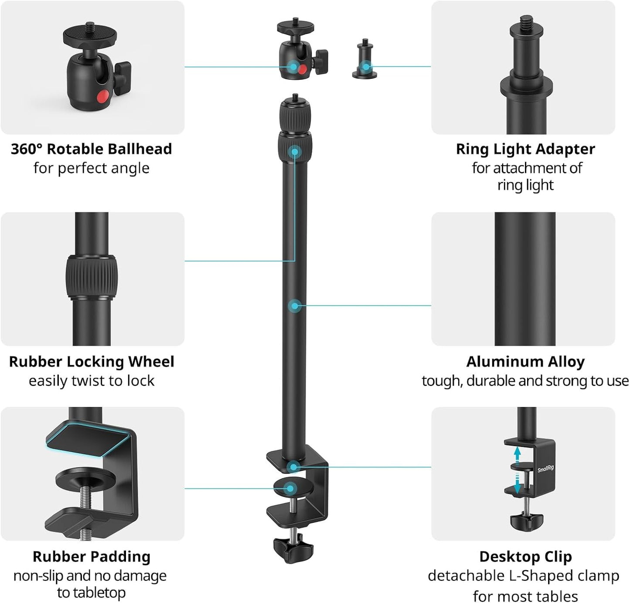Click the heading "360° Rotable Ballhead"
[91, 149]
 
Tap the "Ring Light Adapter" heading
[525, 149]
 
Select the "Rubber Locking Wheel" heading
[92, 362]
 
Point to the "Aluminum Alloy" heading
[525, 362]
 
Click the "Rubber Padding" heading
[92, 557]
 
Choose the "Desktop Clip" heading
[525, 557]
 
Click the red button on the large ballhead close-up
[102, 96]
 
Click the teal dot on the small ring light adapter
[366, 67]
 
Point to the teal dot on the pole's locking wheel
[295, 151]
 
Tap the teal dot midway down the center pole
[294, 306]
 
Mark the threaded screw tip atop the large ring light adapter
[527, 21]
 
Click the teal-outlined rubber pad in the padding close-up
[87, 440]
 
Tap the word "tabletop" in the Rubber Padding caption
[91, 593]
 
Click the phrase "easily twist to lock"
[92, 381]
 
